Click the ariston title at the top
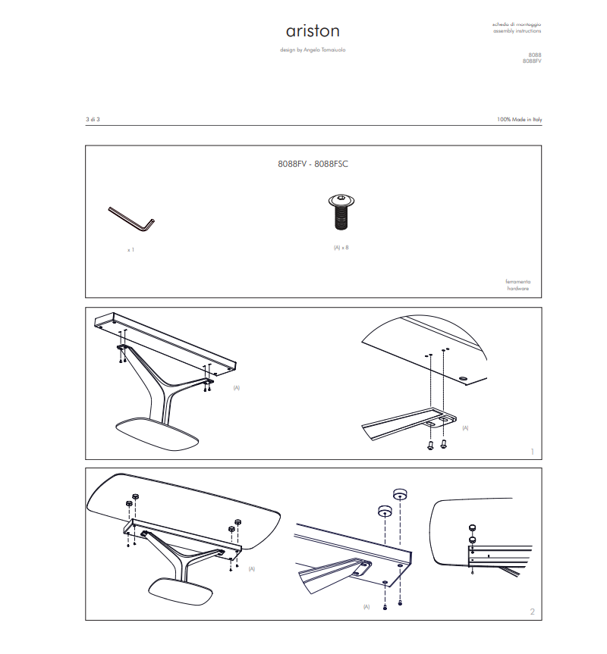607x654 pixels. [313, 31]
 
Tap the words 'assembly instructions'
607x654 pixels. [517, 32]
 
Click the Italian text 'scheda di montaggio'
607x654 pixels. [517, 25]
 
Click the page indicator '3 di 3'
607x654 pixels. [93, 120]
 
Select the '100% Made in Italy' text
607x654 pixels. [519, 120]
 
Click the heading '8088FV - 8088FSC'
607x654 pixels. [313, 164]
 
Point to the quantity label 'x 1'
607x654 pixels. [131, 249]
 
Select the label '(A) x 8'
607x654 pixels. [341, 247]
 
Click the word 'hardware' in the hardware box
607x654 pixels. [518, 289]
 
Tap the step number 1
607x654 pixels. [532, 452]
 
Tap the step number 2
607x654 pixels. [532, 612]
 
